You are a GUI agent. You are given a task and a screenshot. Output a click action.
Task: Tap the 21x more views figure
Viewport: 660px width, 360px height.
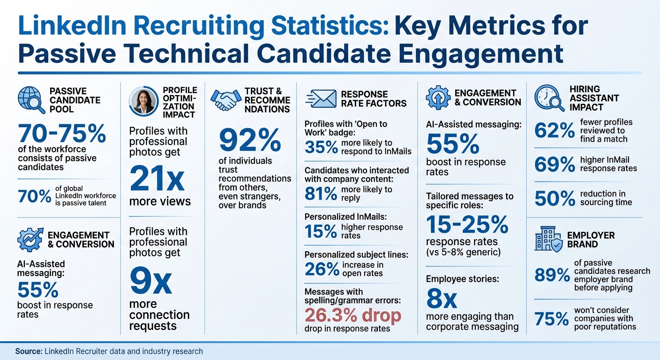click(157, 180)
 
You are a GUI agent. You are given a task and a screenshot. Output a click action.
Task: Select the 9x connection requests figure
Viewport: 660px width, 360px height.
click(150, 280)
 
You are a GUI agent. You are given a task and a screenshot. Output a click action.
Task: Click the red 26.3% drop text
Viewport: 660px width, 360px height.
click(353, 315)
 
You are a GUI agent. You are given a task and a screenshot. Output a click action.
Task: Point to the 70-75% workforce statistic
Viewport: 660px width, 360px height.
click(62, 134)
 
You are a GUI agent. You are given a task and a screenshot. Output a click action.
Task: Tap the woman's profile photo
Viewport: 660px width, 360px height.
click(143, 101)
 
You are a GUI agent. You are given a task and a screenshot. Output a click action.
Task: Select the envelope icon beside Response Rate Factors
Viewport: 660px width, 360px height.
click(321, 99)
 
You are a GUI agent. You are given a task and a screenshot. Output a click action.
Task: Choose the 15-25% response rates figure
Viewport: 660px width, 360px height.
click(467, 225)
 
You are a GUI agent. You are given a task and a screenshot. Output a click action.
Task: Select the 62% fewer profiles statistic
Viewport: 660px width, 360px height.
click(555, 131)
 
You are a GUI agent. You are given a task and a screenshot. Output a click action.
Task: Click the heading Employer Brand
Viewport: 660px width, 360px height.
click(591, 240)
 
